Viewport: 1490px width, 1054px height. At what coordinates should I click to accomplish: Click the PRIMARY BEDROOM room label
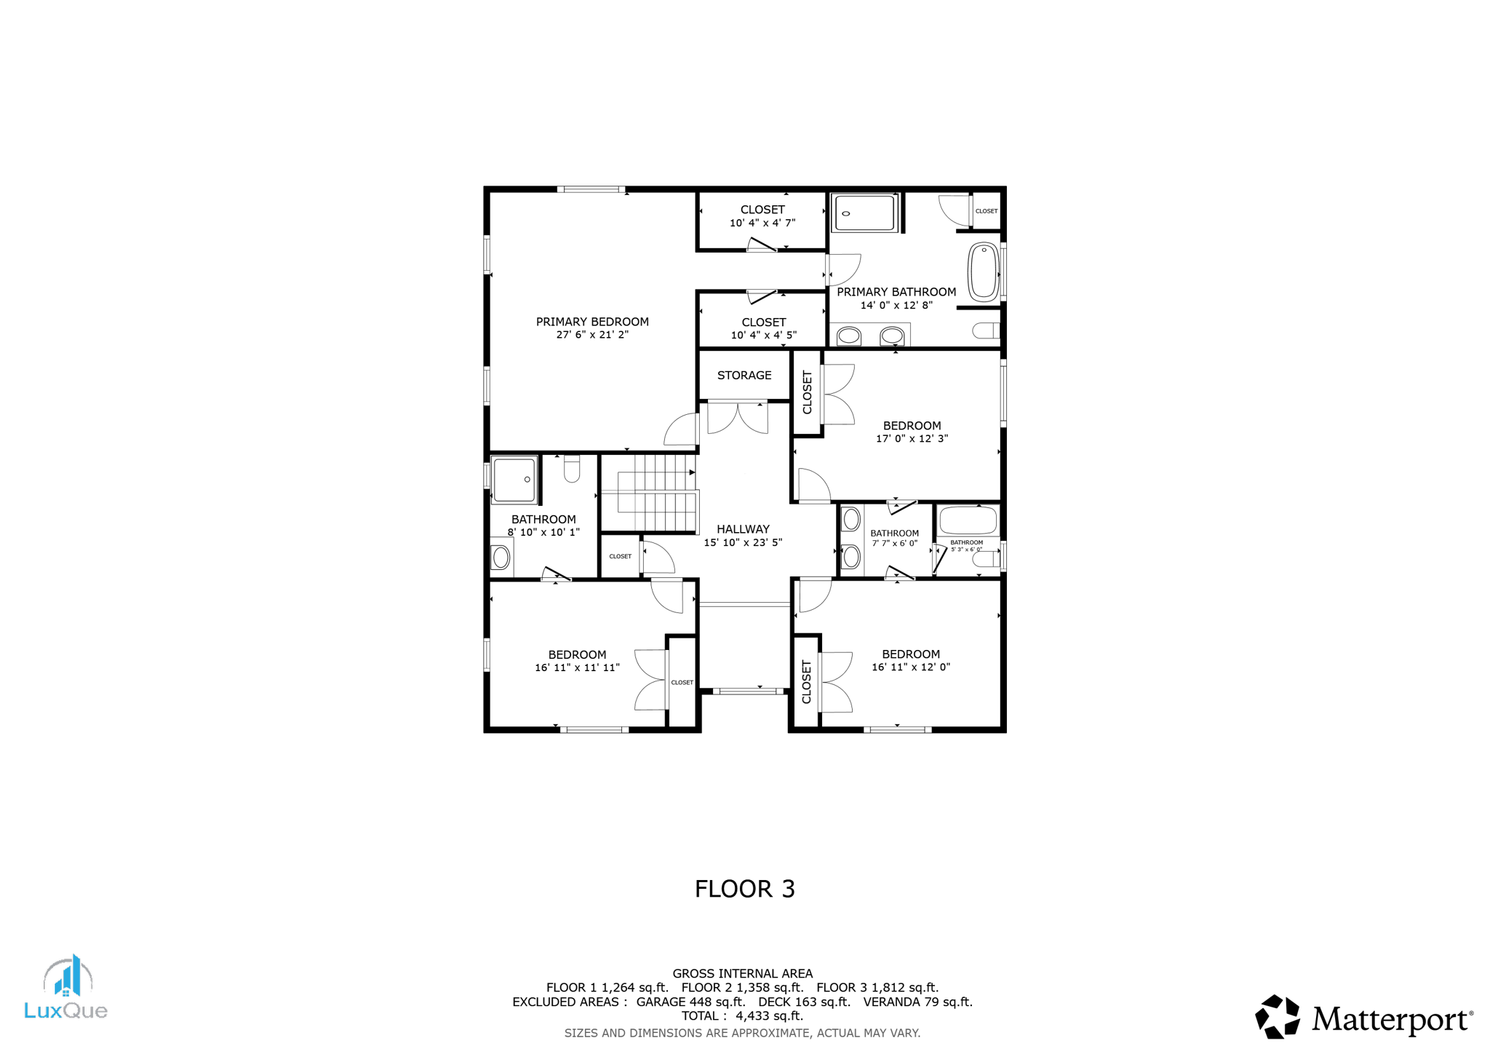click(x=592, y=322)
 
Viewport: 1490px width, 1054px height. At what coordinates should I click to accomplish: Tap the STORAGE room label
click(x=744, y=376)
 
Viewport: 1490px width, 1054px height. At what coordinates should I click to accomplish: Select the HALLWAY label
click(x=743, y=529)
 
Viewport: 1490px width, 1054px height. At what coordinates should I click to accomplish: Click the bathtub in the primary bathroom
click(x=983, y=272)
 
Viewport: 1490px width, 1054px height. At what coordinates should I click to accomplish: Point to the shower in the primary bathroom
click(x=864, y=213)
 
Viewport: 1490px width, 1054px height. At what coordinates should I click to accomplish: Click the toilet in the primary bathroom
click(x=986, y=331)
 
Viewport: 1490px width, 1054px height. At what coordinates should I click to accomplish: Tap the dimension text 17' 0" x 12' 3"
click(x=912, y=439)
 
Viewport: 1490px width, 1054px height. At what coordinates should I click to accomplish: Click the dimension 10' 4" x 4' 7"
click(x=762, y=223)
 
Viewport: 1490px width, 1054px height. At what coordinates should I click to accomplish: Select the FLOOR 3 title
click(x=744, y=889)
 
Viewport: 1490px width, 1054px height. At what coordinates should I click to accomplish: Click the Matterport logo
click(x=1363, y=1017)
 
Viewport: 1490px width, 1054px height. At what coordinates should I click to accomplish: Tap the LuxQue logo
click(x=66, y=988)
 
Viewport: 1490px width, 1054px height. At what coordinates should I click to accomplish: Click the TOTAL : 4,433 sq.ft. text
click(x=742, y=1015)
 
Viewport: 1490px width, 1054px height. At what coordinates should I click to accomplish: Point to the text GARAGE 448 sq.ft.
click(x=690, y=1002)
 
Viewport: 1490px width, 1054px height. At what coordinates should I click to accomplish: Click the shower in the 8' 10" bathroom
click(x=514, y=480)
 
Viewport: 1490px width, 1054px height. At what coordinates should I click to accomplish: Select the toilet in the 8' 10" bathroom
click(x=572, y=469)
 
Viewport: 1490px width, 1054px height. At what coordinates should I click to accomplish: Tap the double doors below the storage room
click(x=738, y=418)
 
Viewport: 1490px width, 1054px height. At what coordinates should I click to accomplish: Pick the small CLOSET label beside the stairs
click(x=621, y=556)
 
